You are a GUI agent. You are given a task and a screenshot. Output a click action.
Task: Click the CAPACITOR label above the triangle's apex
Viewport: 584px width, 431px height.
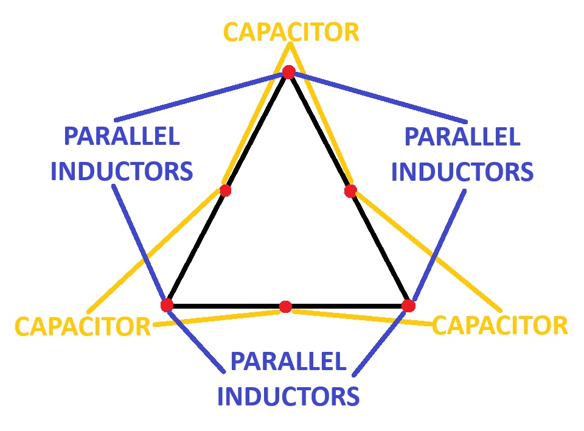pos(291,32)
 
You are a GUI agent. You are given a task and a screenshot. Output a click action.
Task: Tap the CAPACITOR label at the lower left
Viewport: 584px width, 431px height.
pos(82,326)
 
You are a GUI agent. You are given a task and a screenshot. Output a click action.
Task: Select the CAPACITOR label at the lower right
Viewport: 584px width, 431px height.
pos(499,325)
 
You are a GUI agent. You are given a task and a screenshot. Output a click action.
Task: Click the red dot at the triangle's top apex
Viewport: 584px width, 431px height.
pos(288,72)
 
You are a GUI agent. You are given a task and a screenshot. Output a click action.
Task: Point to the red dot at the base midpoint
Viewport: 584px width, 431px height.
pos(285,306)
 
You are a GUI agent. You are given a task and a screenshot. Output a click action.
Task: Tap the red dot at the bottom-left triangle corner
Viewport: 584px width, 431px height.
pos(167,304)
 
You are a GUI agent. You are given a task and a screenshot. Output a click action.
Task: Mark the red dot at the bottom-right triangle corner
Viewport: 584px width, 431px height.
pos(408,305)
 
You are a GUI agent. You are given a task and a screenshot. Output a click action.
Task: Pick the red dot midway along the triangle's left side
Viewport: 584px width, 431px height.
pos(225,191)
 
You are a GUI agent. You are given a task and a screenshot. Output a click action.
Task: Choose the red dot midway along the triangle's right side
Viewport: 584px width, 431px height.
pos(350,191)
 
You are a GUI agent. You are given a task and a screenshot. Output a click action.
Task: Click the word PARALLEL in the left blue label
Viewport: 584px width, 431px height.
pos(122,136)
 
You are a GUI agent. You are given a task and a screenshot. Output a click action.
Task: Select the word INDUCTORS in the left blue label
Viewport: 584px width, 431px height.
pos(122,172)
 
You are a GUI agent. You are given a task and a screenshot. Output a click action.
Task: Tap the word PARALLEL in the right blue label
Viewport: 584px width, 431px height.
pos(462,136)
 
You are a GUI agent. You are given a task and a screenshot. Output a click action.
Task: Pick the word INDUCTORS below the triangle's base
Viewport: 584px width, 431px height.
pos(288,397)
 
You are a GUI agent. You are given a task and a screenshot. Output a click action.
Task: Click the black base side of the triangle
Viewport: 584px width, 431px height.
pos(231,305)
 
